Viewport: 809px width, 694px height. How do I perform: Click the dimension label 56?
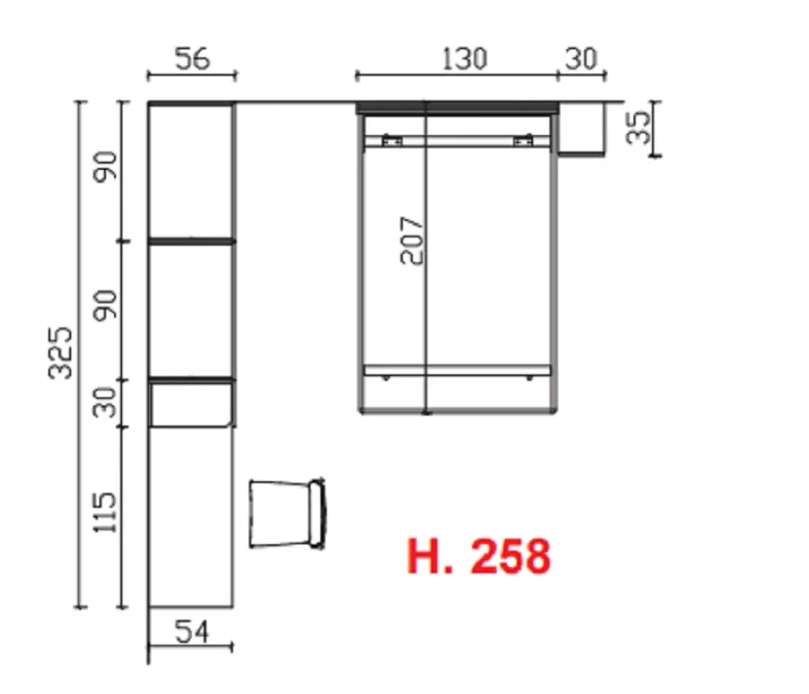[x=193, y=58]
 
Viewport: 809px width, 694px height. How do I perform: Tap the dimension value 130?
[x=464, y=59]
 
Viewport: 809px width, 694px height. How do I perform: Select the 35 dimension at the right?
[x=638, y=127]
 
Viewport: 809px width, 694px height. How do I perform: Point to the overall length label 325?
[x=61, y=353]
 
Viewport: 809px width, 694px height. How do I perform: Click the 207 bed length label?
[x=412, y=240]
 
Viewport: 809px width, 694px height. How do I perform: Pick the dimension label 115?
[x=104, y=512]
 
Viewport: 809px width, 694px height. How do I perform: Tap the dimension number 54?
[x=192, y=632]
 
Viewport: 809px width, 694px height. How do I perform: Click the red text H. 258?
[x=479, y=556]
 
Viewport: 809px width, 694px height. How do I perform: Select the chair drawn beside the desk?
[x=287, y=514]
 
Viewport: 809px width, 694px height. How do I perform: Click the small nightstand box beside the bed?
[x=582, y=129]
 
